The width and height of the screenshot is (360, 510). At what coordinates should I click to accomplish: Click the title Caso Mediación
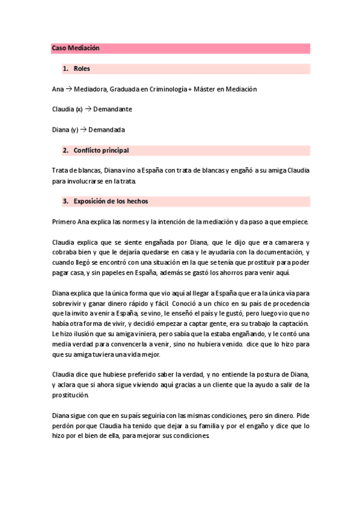coord(75,48)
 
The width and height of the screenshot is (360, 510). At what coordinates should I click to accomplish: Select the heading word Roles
coord(82,69)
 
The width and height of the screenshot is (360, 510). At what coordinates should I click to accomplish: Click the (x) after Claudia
coord(79,109)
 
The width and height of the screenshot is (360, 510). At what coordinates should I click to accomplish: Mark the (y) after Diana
coord(75,129)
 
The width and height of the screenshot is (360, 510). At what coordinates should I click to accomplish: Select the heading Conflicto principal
coord(101,150)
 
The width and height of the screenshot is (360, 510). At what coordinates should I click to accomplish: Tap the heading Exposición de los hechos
coord(111,201)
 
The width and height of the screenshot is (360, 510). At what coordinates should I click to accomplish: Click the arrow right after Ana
coord(69,89)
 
